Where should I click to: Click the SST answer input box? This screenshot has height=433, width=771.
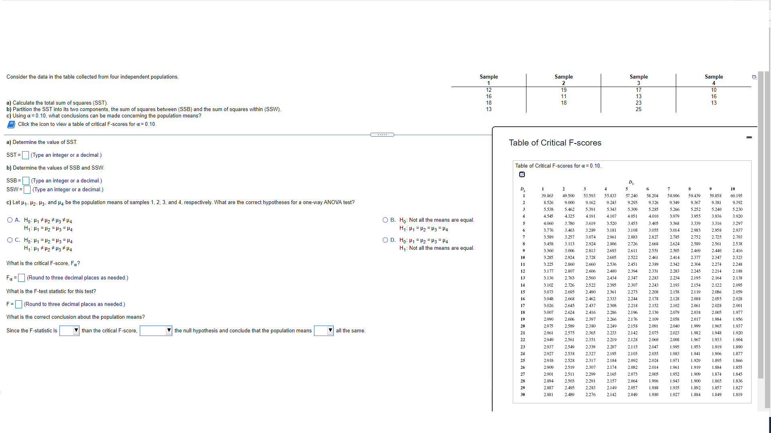25,155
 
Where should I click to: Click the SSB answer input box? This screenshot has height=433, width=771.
26,181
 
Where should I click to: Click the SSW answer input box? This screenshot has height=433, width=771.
27,190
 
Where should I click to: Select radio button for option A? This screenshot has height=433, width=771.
10,220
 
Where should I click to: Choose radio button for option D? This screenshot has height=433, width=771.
385,240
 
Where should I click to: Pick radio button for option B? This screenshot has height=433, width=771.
385,220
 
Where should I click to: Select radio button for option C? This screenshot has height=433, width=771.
10,240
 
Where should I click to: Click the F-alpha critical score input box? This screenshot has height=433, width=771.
22,278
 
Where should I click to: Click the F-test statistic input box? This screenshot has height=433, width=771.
18,304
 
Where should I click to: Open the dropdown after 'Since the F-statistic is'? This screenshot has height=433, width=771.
69,331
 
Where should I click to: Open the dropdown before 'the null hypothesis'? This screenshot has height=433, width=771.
156,331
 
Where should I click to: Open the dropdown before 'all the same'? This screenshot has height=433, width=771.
324,331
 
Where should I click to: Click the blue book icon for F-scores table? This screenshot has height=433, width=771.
11,124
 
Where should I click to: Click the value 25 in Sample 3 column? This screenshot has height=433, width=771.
638,109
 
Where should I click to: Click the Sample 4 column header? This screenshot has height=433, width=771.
714,79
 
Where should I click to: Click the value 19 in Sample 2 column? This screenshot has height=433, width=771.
564,90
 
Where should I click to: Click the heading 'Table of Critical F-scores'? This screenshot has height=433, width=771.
555,143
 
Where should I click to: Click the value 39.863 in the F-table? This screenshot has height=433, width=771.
547,196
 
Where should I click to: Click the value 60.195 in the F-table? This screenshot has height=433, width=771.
736,196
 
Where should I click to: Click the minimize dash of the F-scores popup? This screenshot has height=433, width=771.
749,138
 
